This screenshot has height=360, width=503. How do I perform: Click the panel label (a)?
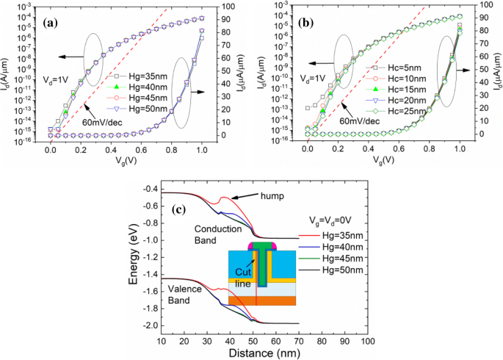pyautogui.click(x=51, y=23)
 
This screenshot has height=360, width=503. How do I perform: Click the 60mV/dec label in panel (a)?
pyautogui.click(x=101, y=123)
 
